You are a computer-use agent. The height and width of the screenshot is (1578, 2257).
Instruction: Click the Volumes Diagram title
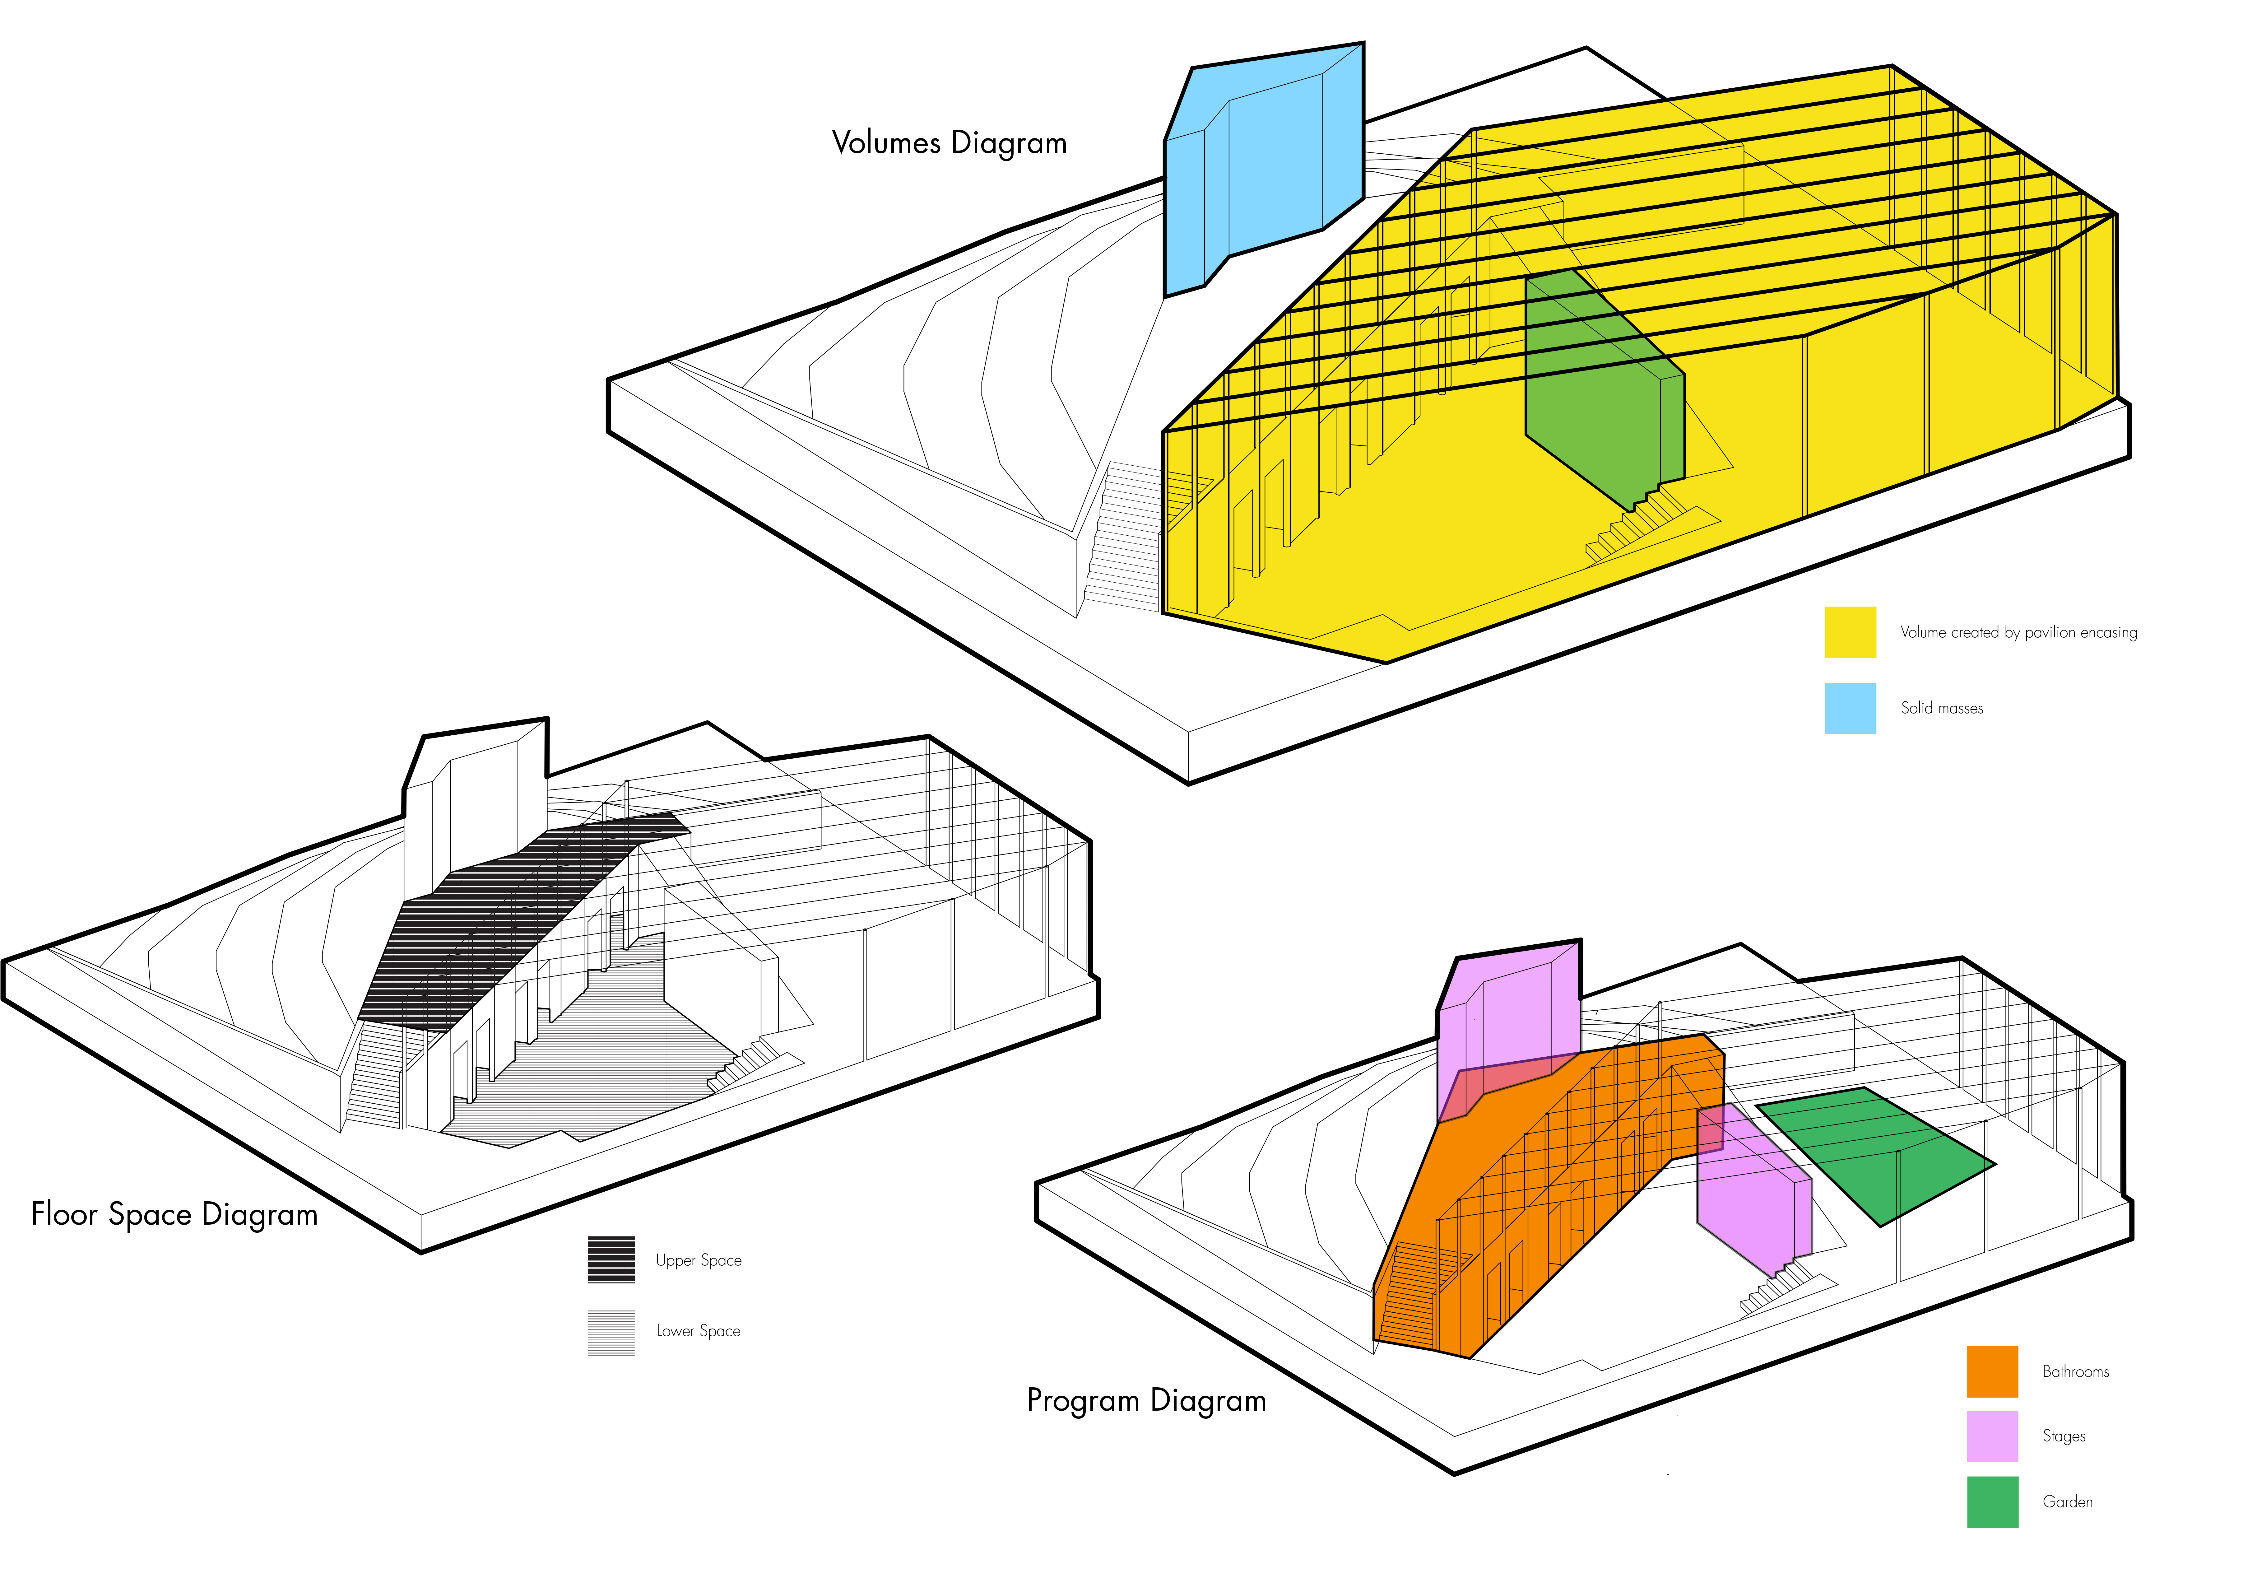point(949,142)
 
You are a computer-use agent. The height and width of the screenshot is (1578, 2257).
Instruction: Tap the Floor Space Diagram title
point(174,1214)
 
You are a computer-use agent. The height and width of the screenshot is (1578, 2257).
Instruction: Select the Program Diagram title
point(1146,1400)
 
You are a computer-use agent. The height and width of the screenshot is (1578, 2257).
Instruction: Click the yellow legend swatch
point(1850,632)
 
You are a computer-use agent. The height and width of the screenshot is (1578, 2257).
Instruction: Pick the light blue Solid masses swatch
point(1850,708)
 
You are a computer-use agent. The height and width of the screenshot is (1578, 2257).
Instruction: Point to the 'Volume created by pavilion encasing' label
point(2018,632)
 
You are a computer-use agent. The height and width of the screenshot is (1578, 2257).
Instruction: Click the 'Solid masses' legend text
point(1941,708)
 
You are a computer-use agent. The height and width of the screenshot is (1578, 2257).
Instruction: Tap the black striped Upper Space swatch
point(611,1259)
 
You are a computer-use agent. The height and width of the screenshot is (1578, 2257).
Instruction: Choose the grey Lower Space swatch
point(611,1332)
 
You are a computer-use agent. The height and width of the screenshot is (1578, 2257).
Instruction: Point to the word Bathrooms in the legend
point(2075,1371)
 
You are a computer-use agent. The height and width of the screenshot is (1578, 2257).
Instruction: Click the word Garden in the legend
point(2067,1501)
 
